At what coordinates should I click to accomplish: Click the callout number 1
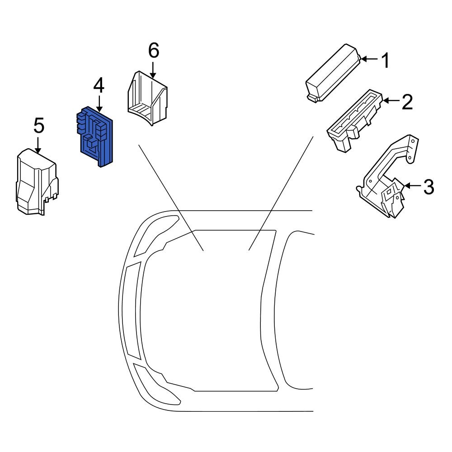coord(386,60)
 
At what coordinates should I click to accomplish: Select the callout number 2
coord(407,102)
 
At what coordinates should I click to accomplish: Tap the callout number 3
coord(428,187)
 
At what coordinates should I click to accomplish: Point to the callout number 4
coord(99,86)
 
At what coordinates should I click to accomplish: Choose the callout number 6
coord(154,50)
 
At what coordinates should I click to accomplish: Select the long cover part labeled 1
coord(333,73)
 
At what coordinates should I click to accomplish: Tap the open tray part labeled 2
coord(355,121)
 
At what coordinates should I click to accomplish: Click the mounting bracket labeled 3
coord(388,176)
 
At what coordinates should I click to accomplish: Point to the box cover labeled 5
coord(37,182)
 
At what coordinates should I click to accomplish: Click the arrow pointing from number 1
coord(369,59)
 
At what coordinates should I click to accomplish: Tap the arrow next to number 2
coord(391,101)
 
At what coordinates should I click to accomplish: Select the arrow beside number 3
coord(413,186)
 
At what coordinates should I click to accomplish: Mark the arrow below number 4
coord(99,104)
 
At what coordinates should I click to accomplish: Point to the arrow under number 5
coord(38,145)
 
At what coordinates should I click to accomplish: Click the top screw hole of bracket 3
coord(413,141)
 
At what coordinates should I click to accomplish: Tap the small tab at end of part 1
coord(313,98)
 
